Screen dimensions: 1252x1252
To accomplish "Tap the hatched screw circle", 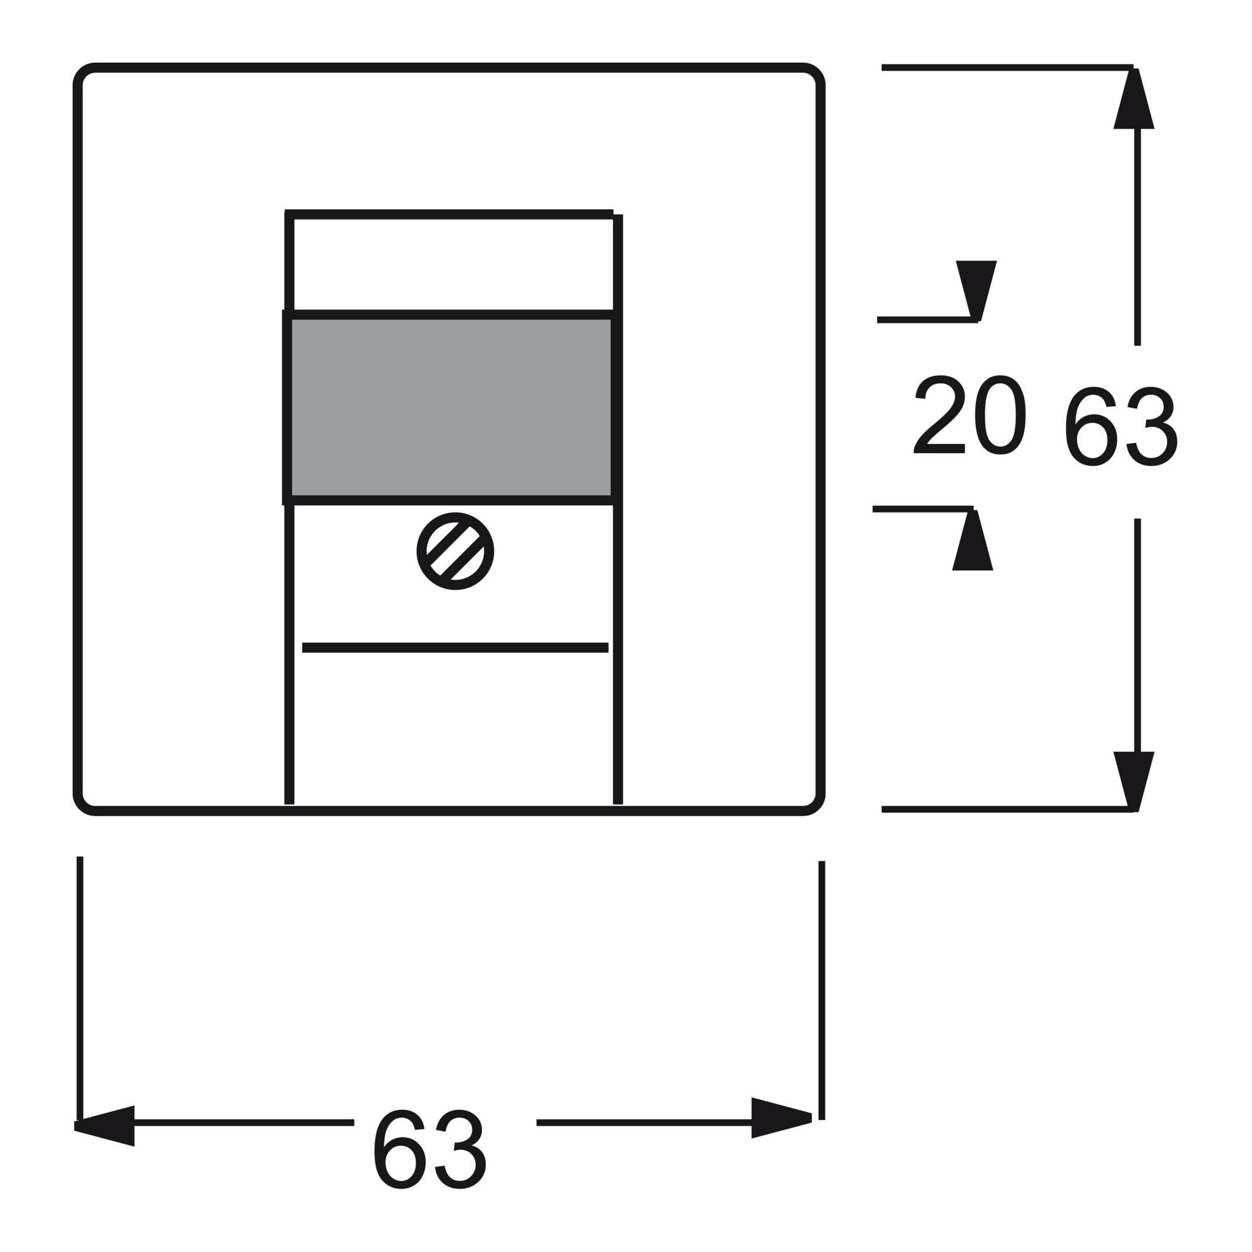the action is pyautogui.click(x=455, y=551).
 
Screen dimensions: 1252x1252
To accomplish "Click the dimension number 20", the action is pyautogui.click(x=970, y=415).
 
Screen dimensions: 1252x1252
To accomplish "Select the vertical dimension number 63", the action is pyautogui.click(x=1121, y=426).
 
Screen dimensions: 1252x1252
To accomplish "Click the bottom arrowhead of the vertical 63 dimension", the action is pyautogui.click(x=1134, y=781).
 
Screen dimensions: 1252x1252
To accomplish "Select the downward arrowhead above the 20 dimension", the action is pyautogui.click(x=976, y=290).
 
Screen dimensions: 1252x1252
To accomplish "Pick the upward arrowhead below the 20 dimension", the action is pyautogui.click(x=973, y=540).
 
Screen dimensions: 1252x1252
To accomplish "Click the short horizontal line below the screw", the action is pyautogui.click(x=455, y=647).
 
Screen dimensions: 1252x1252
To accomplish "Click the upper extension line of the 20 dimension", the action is pyautogui.click(x=927, y=319).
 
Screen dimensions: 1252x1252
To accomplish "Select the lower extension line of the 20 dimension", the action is pyautogui.click(x=923, y=509).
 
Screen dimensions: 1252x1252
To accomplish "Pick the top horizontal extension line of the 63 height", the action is pyautogui.click(x=1008, y=67).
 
